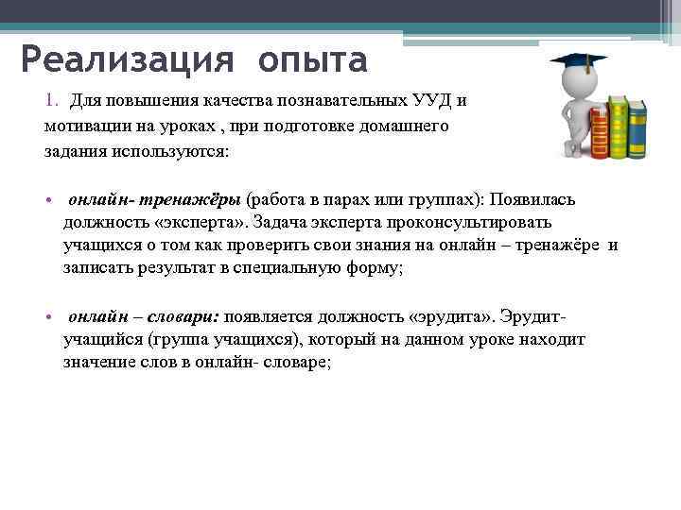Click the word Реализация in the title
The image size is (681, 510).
coord(125,61)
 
